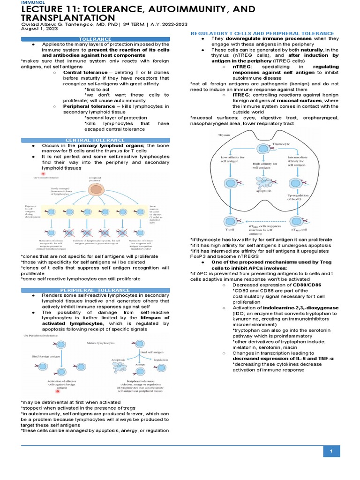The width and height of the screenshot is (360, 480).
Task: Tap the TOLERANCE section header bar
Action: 95,39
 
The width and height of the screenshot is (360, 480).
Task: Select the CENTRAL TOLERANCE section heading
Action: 95,140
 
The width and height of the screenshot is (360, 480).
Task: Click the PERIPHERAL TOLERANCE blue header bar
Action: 95,291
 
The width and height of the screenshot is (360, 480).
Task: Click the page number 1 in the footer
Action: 331,451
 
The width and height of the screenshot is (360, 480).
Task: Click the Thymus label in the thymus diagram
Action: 212,135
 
